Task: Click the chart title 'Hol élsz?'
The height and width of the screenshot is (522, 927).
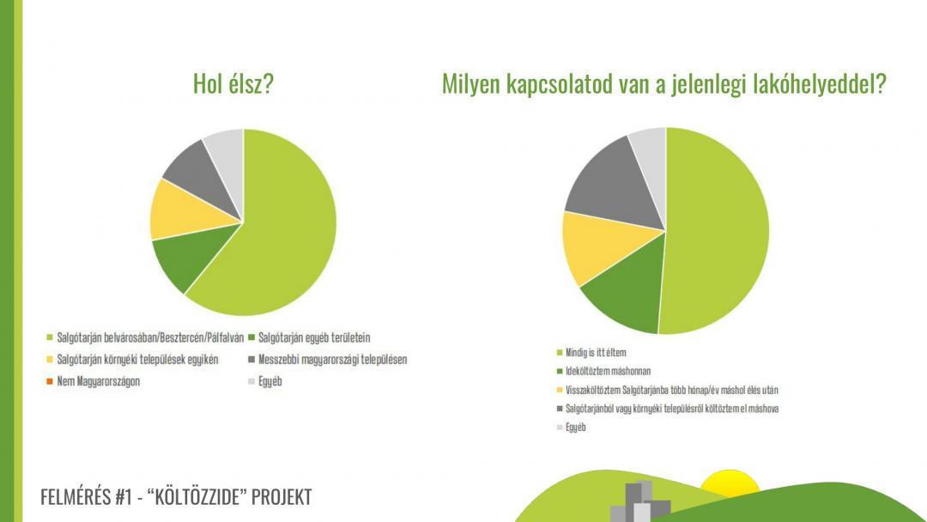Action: pyautogui.click(x=233, y=84)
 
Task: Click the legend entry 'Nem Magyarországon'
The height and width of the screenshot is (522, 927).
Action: pyautogui.click(x=98, y=381)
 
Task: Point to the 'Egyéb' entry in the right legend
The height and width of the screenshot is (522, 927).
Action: pyautogui.click(x=575, y=428)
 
